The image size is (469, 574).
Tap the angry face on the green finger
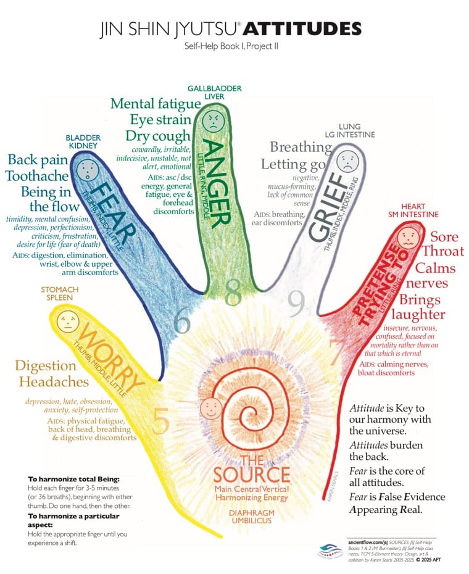coord(212,119)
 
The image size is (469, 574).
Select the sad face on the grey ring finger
coord(347,159)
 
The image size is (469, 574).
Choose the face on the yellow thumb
coord(65,321)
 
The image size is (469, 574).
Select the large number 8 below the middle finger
coord(233,294)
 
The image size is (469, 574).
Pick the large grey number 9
coord(296,302)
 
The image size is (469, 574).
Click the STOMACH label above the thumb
coord(60,288)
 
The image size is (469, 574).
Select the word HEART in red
coord(413,206)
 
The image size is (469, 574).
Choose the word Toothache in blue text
coord(37,176)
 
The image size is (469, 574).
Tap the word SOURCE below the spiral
coord(251,475)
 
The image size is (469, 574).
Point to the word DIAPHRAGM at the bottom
coord(252,512)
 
